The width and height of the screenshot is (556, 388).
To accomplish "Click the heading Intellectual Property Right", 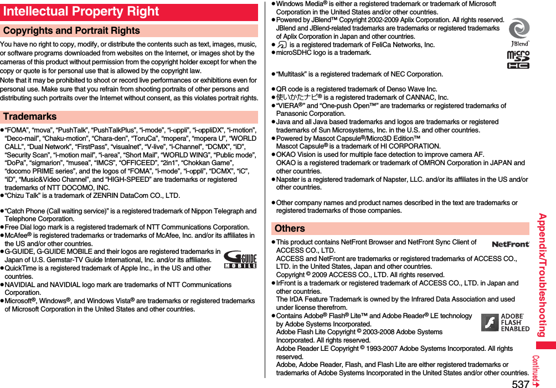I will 81,12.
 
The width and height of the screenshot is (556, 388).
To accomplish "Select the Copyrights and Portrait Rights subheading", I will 71,31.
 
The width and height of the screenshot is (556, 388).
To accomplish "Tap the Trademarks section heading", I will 30,117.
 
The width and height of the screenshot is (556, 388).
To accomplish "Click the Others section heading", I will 290,228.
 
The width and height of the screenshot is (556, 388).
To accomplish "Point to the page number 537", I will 519,383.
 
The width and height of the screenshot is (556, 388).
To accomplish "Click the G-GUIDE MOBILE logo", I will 240,259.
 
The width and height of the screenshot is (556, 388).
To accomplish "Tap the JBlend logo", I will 519,33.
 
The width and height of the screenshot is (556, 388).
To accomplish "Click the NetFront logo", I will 510,244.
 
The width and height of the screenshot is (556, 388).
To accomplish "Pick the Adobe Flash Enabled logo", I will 505,323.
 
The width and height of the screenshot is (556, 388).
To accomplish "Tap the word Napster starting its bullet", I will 289,180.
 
